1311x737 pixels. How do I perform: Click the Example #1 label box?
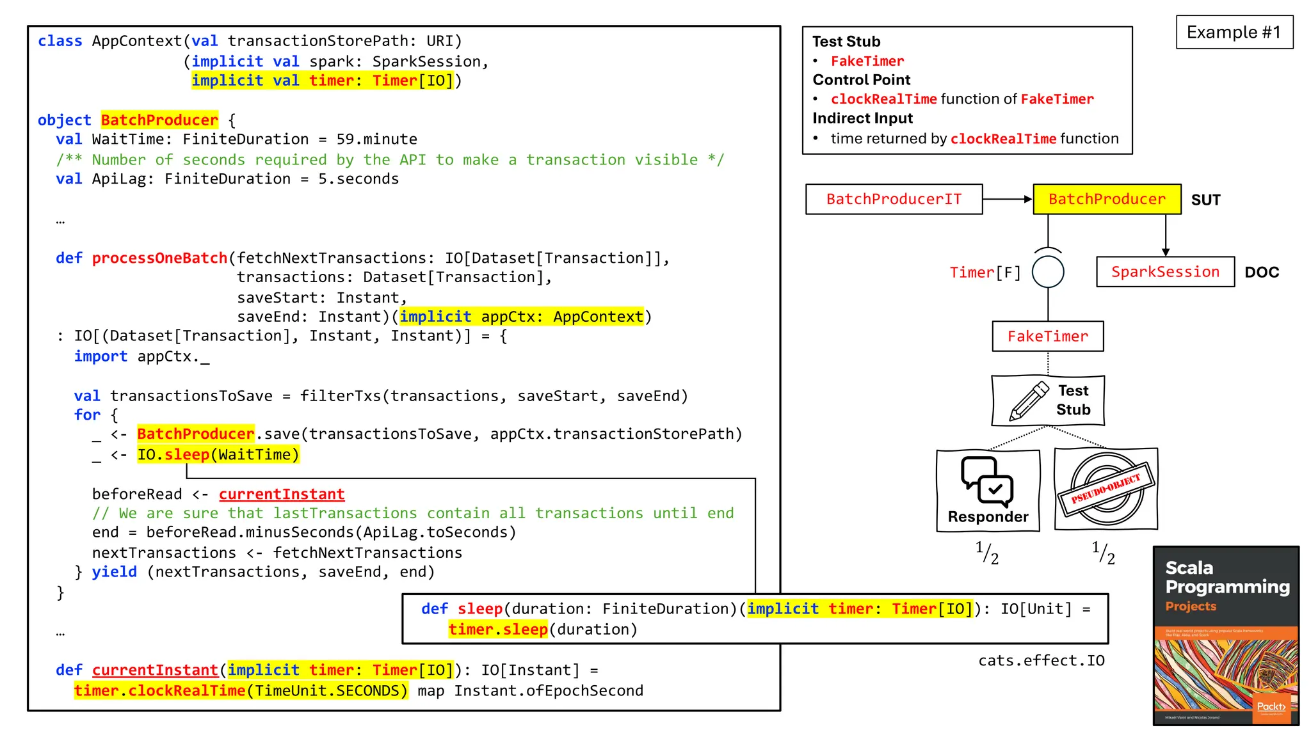[x=1234, y=32]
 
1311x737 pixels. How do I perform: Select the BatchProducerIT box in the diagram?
[x=894, y=199]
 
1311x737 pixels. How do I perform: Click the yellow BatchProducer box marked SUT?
[x=1107, y=199]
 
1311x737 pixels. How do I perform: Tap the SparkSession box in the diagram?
[x=1165, y=272]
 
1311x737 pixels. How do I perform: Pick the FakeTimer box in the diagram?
[x=1047, y=337]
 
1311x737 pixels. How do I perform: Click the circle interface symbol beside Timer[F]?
[x=1048, y=271]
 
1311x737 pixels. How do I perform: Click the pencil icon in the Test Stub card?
[x=1029, y=401]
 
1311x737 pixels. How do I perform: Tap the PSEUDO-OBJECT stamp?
[x=1106, y=489]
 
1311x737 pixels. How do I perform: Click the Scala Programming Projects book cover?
[x=1226, y=635]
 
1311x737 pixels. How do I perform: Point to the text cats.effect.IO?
[x=1041, y=660]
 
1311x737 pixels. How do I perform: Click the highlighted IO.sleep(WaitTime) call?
[x=218, y=455]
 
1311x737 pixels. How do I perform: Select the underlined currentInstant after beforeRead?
[x=282, y=495]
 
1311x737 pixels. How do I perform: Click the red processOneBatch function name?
[x=159, y=258]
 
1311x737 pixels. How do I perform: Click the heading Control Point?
[x=861, y=80]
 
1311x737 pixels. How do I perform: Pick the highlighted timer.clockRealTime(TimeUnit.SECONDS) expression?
[x=241, y=691]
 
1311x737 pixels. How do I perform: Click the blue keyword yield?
[x=114, y=572]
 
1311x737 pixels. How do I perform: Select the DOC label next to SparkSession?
[x=1261, y=273]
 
